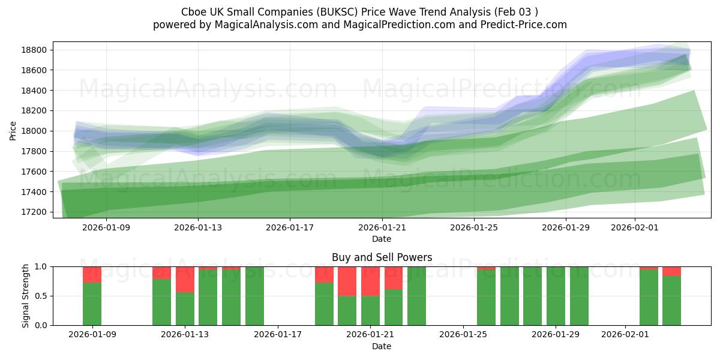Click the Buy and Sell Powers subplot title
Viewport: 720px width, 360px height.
tap(382, 257)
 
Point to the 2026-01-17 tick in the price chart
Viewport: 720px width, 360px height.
tap(290, 227)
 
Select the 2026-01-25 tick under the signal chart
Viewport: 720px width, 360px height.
tap(464, 335)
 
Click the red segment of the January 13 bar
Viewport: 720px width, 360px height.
tap(185, 279)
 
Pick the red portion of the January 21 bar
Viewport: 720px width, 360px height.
tap(370, 281)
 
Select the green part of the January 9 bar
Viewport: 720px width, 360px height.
tap(92, 304)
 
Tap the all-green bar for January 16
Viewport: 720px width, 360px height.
tap(254, 296)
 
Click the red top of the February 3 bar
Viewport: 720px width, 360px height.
tap(671, 271)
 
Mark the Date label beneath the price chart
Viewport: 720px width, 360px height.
tap(382, 239)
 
